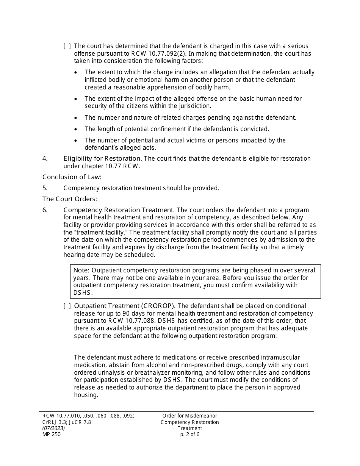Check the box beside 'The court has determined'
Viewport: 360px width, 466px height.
67,46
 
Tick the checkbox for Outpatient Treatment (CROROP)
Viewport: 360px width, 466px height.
67,306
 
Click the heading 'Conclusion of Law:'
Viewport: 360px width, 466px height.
72,177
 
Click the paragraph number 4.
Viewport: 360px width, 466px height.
45,158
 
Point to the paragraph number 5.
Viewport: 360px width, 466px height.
45,188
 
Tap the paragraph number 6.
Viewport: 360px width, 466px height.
45,210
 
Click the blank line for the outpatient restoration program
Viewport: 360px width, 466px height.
196,346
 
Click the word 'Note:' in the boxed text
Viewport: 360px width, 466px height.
81,271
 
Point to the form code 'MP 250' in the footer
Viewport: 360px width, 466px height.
52,435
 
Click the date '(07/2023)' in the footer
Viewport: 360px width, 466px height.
53,428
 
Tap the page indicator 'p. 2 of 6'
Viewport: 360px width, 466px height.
190,435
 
